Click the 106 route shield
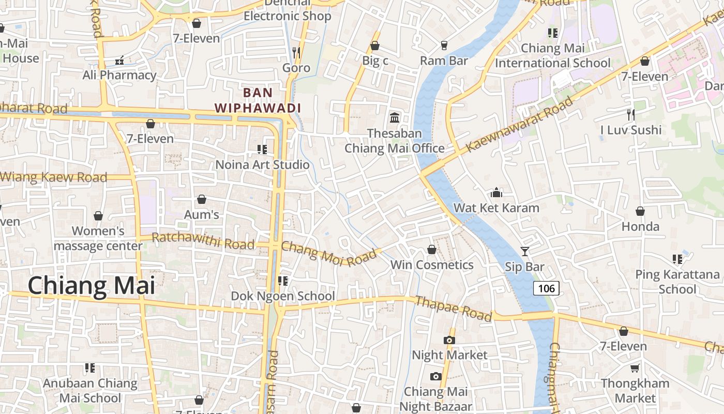coord(546,288)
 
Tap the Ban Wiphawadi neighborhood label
coord(258,100)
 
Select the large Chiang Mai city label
coord(91,286)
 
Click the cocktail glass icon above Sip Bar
coord(525,252)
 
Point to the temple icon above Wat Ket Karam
coord(496,193)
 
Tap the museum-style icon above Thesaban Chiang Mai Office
coord(395,118)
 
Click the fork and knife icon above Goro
coord(296,52)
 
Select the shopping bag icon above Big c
coord(375,46)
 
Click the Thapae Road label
coord(453,308)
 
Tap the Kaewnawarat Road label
coord(519,124)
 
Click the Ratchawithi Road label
coord(203,241)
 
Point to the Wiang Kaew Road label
coord(54,178)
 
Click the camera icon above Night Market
coord(449,340)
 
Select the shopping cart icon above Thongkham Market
coord(635,368)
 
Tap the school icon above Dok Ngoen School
coord(282,280)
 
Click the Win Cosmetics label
coord(432,265)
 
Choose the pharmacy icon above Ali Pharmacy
coord(119,61)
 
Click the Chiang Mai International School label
coord(553,56)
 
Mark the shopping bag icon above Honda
coord(640,211)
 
